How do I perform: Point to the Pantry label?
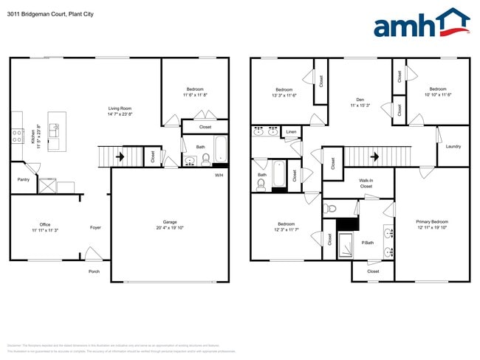23,179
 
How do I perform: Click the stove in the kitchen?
17,135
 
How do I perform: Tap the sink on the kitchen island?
54,130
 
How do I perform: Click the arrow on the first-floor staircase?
120,156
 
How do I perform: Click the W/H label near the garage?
219,175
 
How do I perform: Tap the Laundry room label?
453,146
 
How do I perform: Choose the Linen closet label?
291,133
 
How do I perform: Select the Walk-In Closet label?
366,183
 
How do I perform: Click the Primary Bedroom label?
432,221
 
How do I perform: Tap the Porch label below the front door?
94,270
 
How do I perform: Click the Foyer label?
95,227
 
